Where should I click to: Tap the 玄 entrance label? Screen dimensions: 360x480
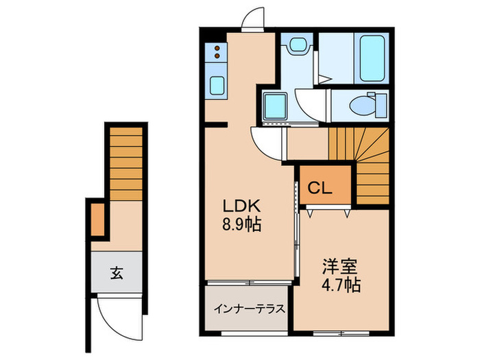point(117,274)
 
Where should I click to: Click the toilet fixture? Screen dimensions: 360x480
point(358,106)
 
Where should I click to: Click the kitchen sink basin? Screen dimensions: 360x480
point(217,86)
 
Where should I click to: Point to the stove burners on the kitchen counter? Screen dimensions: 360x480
point(216,54)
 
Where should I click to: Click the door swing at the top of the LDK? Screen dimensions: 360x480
point(253,19)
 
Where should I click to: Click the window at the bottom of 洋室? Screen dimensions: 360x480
point(341,334)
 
